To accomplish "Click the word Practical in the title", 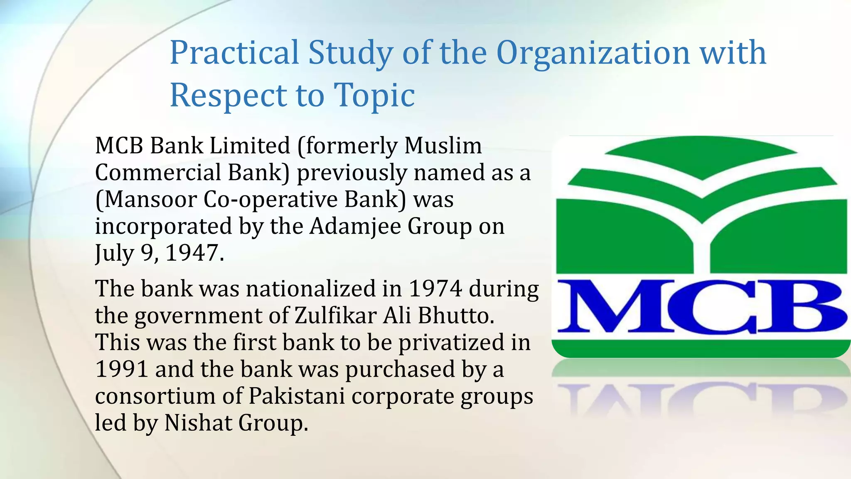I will pos(234,53).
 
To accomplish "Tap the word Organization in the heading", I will pos(593,53).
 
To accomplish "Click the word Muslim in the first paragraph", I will pos(443,146).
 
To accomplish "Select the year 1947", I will pos(194,253).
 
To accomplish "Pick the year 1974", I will pos(435,289).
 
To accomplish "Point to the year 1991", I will pos(122,369).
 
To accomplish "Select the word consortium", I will pos(155,396).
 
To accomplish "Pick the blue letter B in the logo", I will pos(800,306).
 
